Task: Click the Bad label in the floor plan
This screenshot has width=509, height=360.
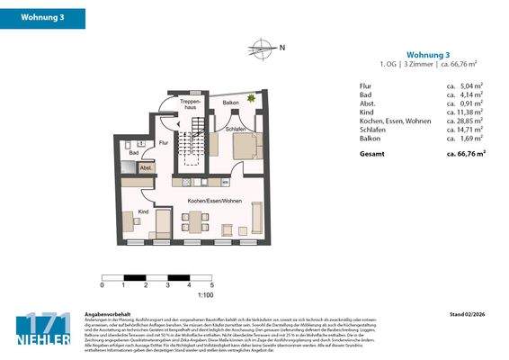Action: pyautogui.click(x=133, y=153)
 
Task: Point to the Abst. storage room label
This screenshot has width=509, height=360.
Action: pyautogui.click(x=145, y=168)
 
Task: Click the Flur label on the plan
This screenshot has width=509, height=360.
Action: pyautogui.click(x=164, y=143)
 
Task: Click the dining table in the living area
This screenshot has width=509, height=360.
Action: pyautogui.click(x=196, y=220)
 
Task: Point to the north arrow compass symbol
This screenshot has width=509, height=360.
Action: pyautogui.click(x=261, y=48)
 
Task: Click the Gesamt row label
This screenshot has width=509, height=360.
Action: pyautogui.click(x=372, y=153)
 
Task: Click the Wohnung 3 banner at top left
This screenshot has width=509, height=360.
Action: pyautogui.click(x=43, y=18)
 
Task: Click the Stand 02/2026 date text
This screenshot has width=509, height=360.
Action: pyautogui.click(x=468, y=314)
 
